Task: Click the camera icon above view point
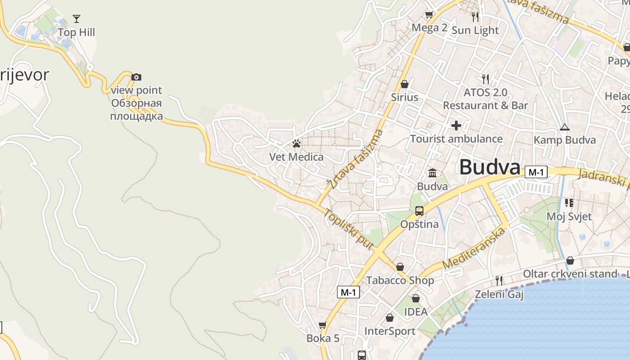point(136,77)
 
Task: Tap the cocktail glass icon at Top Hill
point(76,19)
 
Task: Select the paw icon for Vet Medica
point(296,144)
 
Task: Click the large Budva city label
point(490,167)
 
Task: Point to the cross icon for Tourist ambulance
point(456,126)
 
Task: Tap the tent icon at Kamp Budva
point(564,127)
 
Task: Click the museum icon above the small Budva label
point(432,173)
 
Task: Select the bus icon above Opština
point(419,211)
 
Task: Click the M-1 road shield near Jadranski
point(536,172)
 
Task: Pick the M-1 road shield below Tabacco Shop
point(348,292)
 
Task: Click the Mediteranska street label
point(474,248)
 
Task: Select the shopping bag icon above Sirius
point(405,84)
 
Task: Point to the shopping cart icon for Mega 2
point(429,15)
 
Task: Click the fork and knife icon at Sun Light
point(475,17)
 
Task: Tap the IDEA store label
point(416,311)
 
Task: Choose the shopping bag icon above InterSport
point(390,318)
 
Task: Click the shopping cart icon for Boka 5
point(322,325)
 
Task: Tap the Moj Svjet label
point(569,216)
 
